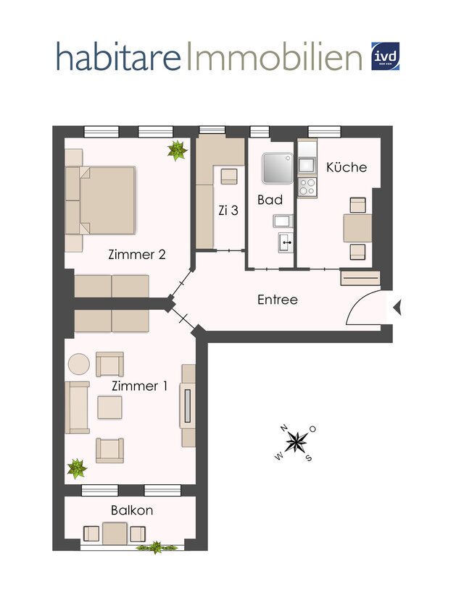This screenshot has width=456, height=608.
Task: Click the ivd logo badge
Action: pyautogui.click(x=385, y=56)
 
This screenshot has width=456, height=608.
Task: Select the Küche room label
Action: pyautogui.click(x=346, y=167)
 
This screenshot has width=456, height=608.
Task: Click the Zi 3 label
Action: pyautogui.click(x=228, y=211)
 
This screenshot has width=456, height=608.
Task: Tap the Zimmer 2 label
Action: pyautogui.click(x=137, y=254)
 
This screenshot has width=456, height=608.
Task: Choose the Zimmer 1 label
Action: pyautogui.click(x=138, y=386)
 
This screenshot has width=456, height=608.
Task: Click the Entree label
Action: pyautogui.click(x=278, y=299)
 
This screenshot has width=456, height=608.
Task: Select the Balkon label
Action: pyautogui.click(x=131, y=510)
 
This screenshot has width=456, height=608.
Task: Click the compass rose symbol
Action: pyautogui.click(x=296, y=441)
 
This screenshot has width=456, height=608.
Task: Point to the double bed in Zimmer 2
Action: pyautogui.click(x=106, y=200)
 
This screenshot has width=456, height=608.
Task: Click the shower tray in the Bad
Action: pyautogui.click(x=277, y=168)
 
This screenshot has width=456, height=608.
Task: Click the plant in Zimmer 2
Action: pyautogui.click(x=176, y=150)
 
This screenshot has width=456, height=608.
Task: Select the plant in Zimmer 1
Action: pyautogui.click(x=76, y=469)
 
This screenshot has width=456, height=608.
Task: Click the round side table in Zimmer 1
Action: pyautogui.click(x=78, y=363)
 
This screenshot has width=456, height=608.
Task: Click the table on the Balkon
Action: pyautogui.click(x=115, y=533)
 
